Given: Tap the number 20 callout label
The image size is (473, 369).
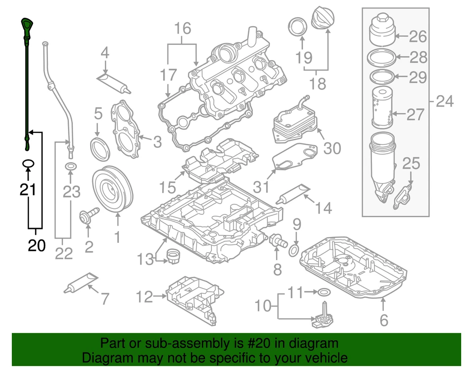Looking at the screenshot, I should (x=36, y=245).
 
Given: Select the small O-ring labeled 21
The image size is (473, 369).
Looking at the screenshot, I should (x=28, y=163).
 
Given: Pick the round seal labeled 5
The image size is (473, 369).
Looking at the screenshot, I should (x=101, y=149).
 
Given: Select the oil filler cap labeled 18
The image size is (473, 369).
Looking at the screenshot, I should (x=323, y=19).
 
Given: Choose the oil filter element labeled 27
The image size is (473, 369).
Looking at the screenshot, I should (x=381, y=109).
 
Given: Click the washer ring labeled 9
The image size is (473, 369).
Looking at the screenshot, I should (x=292, y=250).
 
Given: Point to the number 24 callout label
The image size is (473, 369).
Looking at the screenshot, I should (x=444, y=102).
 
